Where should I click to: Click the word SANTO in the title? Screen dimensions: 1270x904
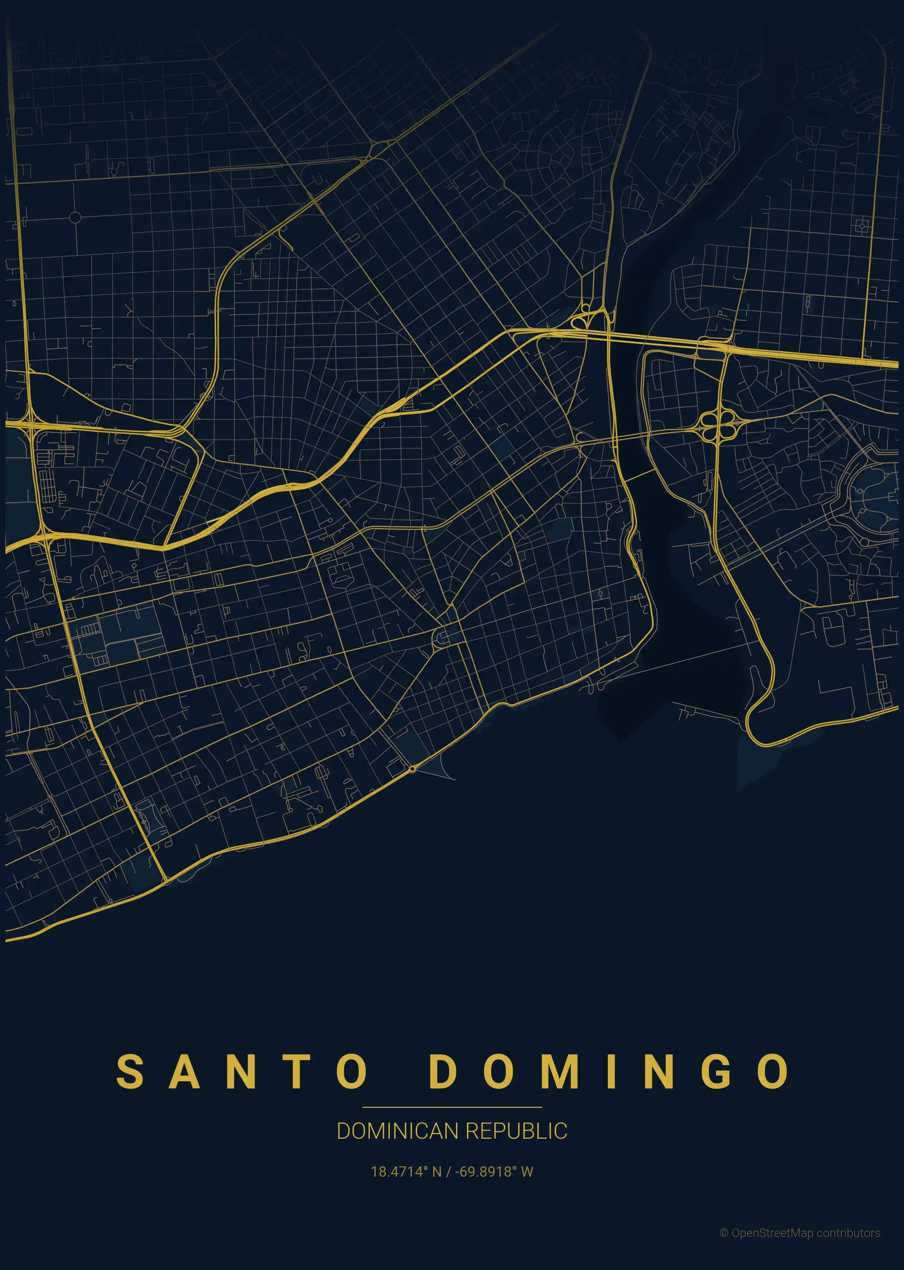click(241, 1071)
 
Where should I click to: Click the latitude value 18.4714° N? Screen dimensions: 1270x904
click(406, 1171)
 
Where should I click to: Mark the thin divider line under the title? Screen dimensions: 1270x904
click(452, 1107)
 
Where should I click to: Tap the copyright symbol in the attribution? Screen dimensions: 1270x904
click(724, 1233)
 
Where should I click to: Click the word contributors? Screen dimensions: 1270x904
click(848, 1233)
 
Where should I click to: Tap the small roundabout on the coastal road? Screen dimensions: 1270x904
click(412, 769)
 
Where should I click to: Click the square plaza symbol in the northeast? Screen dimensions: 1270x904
click(861, 226)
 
